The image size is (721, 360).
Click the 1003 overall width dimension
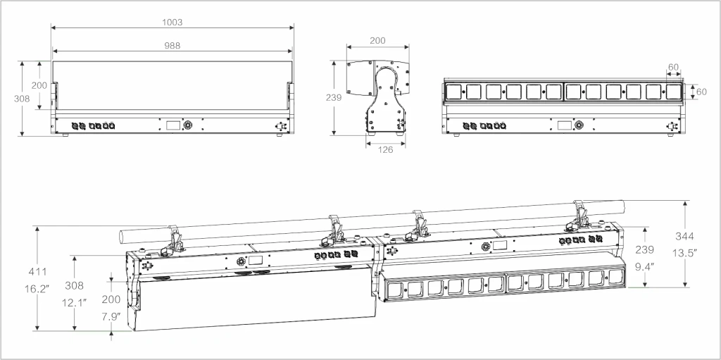click(173, 22)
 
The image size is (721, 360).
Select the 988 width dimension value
click(173, 46)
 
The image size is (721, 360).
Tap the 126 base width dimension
click(385, 149)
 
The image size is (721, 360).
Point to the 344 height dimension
click(684, 236)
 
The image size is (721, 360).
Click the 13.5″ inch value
click(684, 253)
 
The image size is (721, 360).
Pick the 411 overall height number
click(37, 272)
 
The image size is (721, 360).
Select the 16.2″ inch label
click(37, 289)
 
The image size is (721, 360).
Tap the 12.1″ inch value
click(74, 302)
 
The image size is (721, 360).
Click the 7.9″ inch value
click(111, 316)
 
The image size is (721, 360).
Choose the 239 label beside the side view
click(333, 97)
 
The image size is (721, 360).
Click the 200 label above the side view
click(377, 41)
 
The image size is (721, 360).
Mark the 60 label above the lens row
click(673, 67)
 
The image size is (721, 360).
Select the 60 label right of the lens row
click(701, 92)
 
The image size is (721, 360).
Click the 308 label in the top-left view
click(22, 98)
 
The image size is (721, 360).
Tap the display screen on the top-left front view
click(173, 125)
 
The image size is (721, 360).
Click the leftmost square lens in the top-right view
click(453, 92)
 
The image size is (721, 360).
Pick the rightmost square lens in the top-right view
click(673, 92)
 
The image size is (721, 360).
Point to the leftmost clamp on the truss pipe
click(173, 240)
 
